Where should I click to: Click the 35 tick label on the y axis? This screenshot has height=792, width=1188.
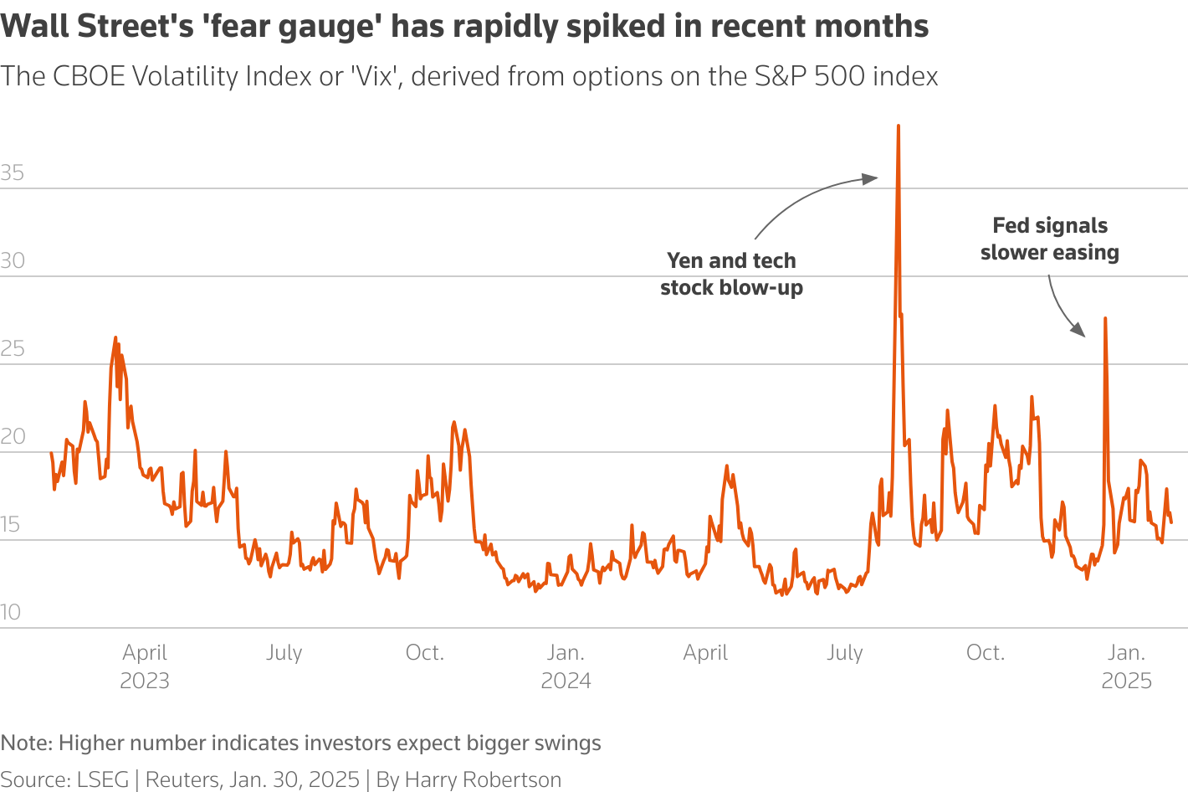[13, 173]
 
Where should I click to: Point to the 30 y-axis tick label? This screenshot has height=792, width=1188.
[13, 261]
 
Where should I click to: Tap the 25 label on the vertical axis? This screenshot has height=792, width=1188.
[13, 349]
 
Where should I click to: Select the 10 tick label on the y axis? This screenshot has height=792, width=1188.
[11, 612]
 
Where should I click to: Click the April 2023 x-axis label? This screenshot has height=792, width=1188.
[145, 666]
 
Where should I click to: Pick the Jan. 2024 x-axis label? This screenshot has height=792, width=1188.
[566, 666]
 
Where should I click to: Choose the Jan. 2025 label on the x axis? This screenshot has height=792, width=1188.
[1126, 666]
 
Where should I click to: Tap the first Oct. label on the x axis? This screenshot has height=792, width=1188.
[424, 653]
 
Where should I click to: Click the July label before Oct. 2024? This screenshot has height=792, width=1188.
[844, 653]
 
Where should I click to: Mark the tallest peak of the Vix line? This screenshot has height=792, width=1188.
[898, 126]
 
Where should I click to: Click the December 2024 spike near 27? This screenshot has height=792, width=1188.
[1105, 319]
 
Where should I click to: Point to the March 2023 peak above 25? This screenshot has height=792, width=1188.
[115, 338]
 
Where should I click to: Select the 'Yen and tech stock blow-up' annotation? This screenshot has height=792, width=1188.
[731, 274]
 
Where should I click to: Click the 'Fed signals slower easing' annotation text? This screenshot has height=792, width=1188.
[1050, 239]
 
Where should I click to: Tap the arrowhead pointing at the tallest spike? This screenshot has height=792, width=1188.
[872, 177]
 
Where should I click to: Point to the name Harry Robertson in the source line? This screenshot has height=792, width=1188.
[483, 779]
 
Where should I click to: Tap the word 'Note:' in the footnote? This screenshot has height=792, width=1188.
[26, 743]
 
